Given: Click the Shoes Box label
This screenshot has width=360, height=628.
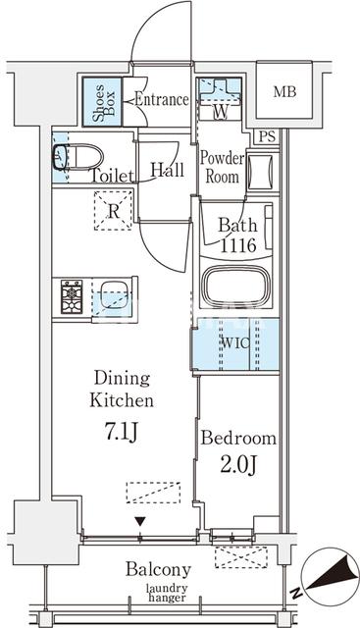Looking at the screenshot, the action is tap(104, 103).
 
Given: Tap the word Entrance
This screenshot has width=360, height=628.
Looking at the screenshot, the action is tap(162, 99).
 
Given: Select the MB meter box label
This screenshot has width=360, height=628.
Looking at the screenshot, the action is tap(284, 92).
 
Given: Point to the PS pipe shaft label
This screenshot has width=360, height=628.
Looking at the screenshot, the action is tap(267, 137).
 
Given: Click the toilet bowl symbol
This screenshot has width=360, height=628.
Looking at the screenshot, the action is tap(78, 157).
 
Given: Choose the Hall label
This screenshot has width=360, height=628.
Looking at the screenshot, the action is tap(167, 170).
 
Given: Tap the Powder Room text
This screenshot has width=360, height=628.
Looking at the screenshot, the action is tap(222, 168).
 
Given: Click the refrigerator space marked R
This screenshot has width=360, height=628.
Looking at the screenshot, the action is tap(114, 211).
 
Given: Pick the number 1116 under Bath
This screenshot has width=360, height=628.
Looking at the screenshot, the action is tap(237, 244).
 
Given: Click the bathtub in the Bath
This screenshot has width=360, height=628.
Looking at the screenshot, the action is tap(235, 286).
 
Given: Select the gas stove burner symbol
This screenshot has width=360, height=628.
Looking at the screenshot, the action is tap(72, 296).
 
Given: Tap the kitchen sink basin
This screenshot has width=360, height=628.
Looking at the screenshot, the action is tap(114, 295).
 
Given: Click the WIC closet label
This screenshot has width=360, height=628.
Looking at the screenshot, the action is tap(235, 343).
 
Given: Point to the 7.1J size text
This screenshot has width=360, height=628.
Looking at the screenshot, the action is tap(122, 433).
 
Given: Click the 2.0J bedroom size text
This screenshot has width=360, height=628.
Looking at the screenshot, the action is tap(237, 464).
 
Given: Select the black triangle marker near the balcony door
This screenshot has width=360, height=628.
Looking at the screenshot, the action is tap(139, 521).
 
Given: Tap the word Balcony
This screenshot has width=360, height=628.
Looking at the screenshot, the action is tap(158, 569).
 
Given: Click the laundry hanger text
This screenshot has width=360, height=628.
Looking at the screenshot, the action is tap(167, 593).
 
